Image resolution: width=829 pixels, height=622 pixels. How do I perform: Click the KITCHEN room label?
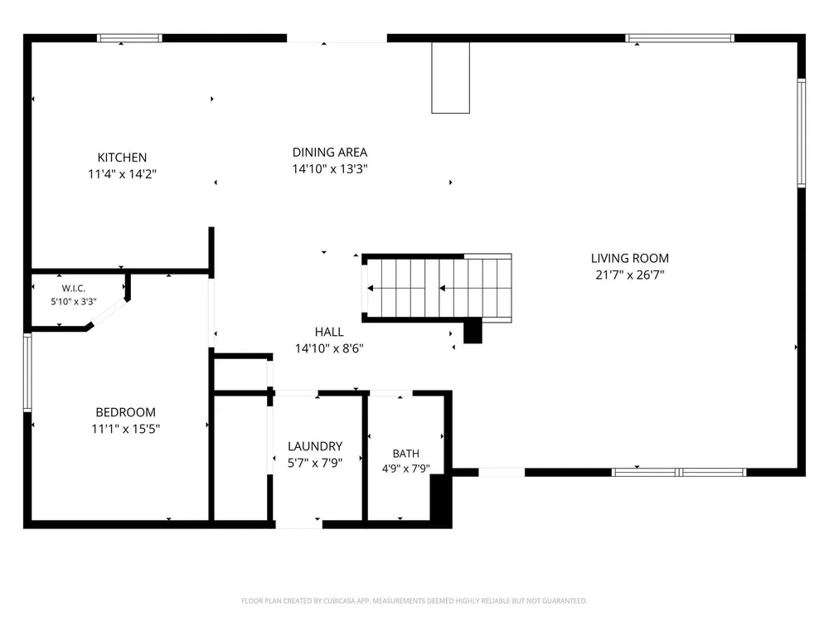[122, 157]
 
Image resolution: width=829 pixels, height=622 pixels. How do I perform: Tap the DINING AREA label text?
[330, 153]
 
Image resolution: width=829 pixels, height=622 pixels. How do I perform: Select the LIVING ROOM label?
[630, 258]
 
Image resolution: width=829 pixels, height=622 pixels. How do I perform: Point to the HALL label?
[329, 332]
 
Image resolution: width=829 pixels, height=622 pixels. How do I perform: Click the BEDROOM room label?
[126, 412]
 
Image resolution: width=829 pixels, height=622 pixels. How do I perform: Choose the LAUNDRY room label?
[315, 446]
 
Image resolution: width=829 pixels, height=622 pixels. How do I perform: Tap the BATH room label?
[406, 454]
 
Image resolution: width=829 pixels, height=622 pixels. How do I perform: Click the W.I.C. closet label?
[74, 289]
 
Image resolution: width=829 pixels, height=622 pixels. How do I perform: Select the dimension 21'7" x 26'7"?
[630, 275]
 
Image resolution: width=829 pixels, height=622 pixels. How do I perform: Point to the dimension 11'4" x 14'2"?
[122, 173]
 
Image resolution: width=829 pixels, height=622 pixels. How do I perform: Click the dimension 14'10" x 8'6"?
[329, 348]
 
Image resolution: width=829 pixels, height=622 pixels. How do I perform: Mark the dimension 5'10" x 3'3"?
[74, 302]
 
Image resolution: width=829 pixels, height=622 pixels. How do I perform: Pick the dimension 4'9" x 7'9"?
[406, 468]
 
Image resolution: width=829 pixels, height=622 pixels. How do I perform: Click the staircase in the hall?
[437, 289]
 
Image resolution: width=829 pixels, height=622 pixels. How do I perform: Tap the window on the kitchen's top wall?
[129, 38]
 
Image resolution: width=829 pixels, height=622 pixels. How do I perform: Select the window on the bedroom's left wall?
[27, 372]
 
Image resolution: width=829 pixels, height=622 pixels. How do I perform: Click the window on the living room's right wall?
[802, 133]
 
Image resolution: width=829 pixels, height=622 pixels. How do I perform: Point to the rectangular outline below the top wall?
[450, 78]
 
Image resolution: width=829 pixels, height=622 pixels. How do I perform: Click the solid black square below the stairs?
[473, 331]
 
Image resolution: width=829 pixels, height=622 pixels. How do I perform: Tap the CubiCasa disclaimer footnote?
[414, 600]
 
